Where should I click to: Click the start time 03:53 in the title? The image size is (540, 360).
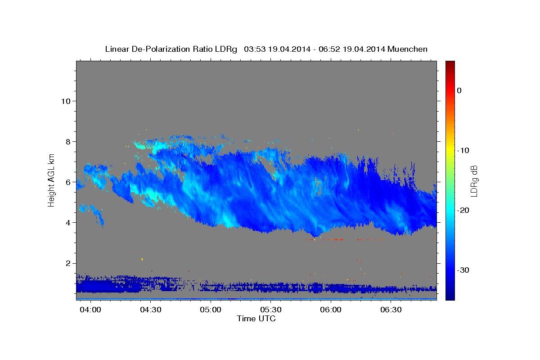point(255,49)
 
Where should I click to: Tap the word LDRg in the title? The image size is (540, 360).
point(226,49)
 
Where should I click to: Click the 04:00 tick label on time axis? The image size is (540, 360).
point(91,310)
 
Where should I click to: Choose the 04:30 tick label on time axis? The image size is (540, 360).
point(151,310)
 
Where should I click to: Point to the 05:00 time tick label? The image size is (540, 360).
point(211,310)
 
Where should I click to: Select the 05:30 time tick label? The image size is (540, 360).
point(271,310)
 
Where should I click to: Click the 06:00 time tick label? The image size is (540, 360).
point(331,310)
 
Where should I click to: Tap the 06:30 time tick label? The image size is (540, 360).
point(391,310)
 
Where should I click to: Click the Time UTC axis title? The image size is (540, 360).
point(256,319)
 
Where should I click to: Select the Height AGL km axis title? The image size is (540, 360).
point(51,180)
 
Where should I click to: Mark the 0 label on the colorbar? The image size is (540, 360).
point(459,90)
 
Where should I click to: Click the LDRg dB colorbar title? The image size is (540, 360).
point(474,180)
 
